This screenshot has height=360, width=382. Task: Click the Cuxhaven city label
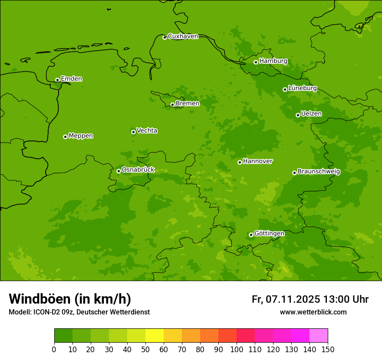coord(183,36)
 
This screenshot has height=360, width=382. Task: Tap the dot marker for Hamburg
coord(256,62)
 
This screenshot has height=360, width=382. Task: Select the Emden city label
coord(71,79)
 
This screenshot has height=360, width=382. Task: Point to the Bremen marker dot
coord(172,105)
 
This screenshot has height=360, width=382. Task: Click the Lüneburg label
coord(302,88)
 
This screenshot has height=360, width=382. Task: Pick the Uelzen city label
coord(311,114)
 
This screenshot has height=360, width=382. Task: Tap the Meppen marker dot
coord(65,137)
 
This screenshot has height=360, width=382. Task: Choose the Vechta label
coord(147,131)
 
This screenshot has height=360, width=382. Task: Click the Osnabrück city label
coord(138,170)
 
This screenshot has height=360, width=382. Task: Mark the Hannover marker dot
coord(240,162)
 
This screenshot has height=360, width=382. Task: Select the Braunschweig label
coord(319,172)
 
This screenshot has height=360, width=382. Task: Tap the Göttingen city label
coord(269,234)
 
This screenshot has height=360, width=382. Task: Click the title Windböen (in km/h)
coord(70,299)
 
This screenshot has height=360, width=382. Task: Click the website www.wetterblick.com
coord(313,312)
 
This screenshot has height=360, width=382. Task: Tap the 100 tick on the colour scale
coord(237,349)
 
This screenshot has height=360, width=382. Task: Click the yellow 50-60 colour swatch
coord(155,336)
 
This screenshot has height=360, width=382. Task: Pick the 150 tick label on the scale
coord(328,349)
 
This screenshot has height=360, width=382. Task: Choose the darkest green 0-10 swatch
coord(63,336)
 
